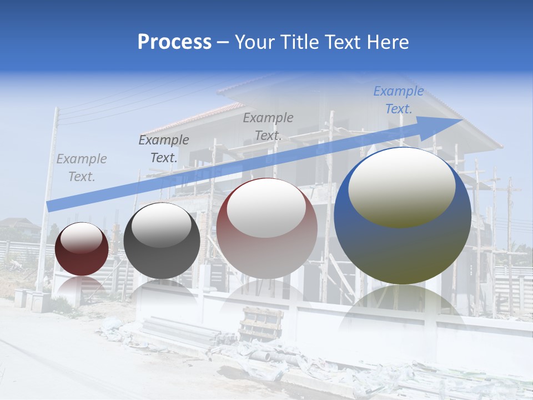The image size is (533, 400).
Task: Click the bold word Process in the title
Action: click(174, 42)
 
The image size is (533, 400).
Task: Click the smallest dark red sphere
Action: click(82, 249)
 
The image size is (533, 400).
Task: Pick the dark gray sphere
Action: click(162, 241)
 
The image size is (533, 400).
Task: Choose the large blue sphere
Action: click(403, 216)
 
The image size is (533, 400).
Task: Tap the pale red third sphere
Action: click(266, 228)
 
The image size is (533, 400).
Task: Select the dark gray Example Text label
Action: click(164, 149)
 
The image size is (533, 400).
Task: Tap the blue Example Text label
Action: click(399, 100)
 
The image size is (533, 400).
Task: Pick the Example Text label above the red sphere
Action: click(268, 127)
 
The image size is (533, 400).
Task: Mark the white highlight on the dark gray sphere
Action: click(162, 225)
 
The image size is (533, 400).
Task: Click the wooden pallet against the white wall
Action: click(261, 322)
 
